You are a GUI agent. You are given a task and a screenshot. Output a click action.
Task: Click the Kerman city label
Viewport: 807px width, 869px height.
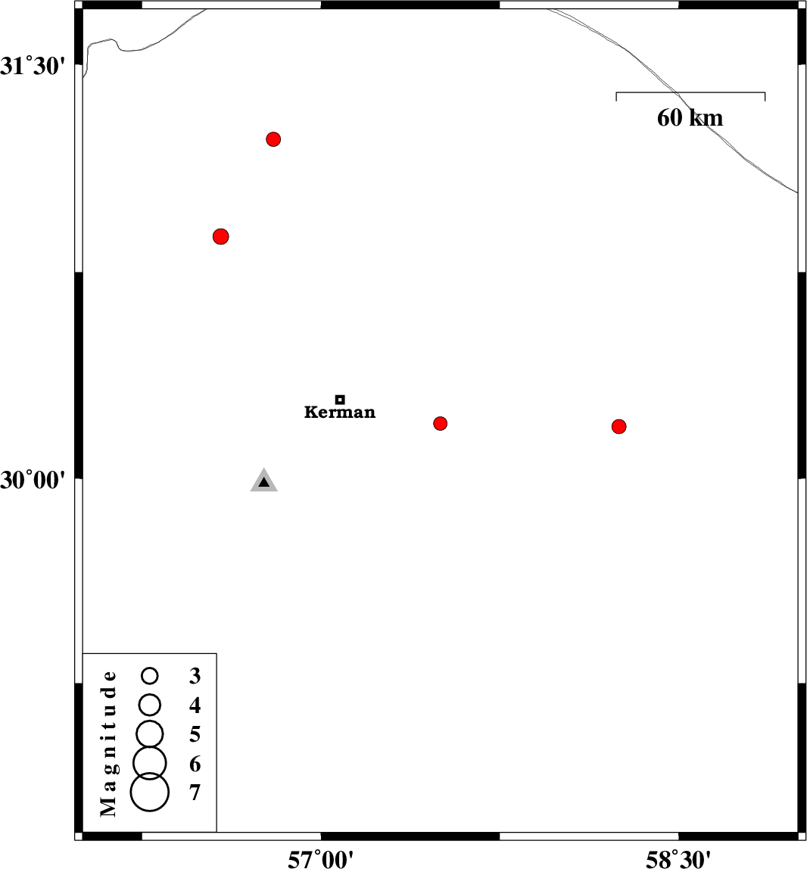[340, 413]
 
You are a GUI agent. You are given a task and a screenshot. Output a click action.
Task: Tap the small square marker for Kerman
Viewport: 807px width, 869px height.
[340, 399]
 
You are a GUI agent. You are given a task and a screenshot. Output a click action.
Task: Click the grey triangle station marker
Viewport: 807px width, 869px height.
[263, 481]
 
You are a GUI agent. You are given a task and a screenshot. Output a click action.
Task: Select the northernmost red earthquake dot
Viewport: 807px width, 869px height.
[274, 139]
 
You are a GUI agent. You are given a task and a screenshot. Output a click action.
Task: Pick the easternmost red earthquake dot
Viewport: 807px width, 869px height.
[618, 426]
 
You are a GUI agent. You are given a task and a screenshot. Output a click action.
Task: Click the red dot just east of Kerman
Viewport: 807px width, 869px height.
[441, 423]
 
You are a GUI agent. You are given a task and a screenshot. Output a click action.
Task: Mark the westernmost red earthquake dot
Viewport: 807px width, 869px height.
[220, 236]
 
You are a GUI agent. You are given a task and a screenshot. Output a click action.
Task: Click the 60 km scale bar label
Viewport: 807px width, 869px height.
[690, 118]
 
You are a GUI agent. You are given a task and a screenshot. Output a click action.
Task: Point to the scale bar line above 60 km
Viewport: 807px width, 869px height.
[690, 93]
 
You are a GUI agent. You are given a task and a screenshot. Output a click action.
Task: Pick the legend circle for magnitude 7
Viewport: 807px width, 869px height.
[150, 792]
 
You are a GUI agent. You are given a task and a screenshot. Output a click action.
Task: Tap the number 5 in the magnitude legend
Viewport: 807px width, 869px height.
[195, 734]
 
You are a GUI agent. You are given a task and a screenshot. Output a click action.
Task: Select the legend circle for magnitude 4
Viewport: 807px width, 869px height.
[150, 705]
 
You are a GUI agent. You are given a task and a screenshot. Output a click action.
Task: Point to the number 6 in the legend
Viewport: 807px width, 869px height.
[195, 764]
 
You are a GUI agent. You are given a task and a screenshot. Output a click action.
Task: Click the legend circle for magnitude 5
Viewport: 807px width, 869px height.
[150, 733]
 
